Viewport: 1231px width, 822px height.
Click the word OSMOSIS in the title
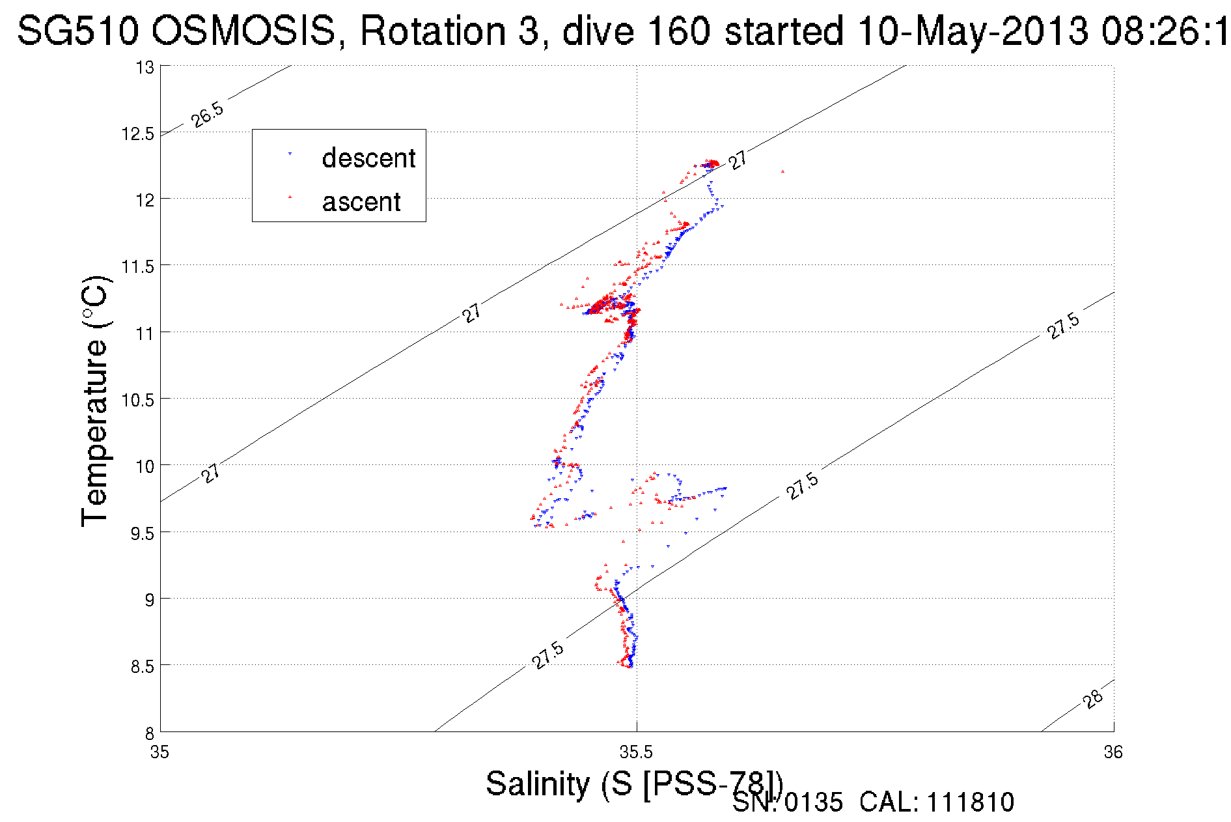[244, 31]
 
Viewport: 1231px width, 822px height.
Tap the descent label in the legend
[368, 158]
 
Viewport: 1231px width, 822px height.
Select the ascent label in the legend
[361, 202]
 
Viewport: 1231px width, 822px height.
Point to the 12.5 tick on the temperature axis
[138, 134]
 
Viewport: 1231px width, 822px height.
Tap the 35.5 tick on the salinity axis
[636, 752]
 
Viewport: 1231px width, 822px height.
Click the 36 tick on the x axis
[1113, 752]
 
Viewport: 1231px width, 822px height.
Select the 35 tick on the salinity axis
[159, 752]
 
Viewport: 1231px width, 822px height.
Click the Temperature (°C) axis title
[95, 401]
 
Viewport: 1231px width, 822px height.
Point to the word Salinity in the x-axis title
[537, 784]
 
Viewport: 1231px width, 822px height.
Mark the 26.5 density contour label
[208, 115]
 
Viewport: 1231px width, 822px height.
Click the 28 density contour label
[1093, 699]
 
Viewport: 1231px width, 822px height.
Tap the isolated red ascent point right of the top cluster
[782, 171]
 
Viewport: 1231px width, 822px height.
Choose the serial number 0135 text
[813, 802]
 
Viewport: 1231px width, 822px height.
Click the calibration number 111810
[970, 802]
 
